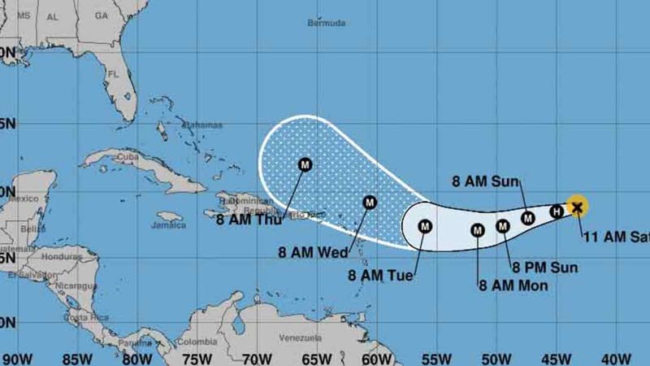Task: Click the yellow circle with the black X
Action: (577, 207)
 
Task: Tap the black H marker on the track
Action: (557, 212)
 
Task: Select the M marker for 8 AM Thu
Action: (305, 164)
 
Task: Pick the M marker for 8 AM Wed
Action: (370, 203)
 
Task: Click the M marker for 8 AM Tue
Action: (425, 226)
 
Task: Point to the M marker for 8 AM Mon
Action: (478, 231)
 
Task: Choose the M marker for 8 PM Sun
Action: (503, 226)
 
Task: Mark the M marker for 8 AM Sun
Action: (528, 218)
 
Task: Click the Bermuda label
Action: (327, 23)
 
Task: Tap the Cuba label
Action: (126, 157)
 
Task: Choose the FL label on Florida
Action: (114, 73)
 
